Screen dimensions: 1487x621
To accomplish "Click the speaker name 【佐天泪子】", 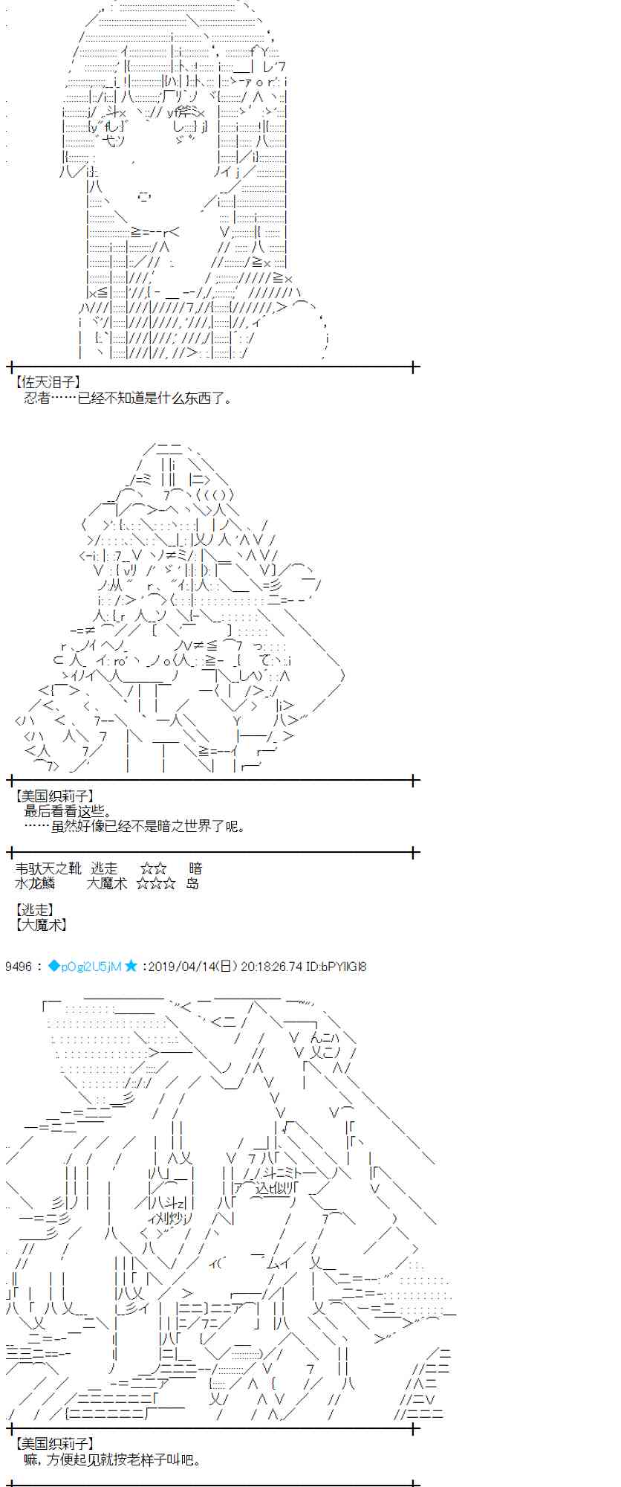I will [x=47, y=383].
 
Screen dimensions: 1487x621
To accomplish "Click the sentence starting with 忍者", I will [x=128, y=398].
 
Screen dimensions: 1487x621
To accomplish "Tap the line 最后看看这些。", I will [x=68, y=811].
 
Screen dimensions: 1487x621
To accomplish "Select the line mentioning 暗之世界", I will [x=134, y=826].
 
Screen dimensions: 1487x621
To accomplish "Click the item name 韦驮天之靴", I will [x=48, y=868].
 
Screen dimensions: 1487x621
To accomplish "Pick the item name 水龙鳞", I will [x=35, y=883].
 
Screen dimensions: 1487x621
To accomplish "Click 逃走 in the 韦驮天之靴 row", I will [x=104, y=868].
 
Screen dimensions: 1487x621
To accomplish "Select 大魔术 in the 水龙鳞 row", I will [x=107, y=883].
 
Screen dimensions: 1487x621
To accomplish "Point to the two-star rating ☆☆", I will [x=153, y=868].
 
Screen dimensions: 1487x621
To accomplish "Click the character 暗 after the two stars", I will [x=195, y=868].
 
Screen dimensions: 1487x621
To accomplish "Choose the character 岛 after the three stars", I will [x=192, y=883].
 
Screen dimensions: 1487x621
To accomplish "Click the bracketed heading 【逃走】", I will [x=34, y=909].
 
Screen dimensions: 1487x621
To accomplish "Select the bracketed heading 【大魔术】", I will [x=41, y=924].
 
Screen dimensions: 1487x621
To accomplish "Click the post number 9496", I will [x=18, y=967].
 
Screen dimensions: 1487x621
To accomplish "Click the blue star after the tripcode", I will [x=131, y=967].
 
